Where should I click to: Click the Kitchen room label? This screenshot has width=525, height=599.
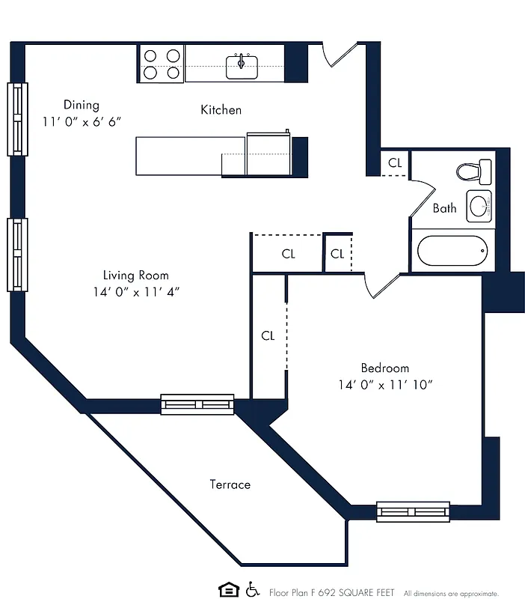221,110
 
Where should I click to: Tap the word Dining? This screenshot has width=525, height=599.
81,105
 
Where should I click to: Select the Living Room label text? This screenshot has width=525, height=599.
135,275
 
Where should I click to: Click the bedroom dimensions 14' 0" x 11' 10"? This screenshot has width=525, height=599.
385,384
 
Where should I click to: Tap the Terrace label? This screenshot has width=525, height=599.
230,484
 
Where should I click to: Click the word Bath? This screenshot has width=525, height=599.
444,208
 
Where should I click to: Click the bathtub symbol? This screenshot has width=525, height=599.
452,251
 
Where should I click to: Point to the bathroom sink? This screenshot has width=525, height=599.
479,207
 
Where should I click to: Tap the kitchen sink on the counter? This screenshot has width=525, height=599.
242,64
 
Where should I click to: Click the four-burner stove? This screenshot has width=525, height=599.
161,64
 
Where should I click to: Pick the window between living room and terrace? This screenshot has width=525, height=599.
197,404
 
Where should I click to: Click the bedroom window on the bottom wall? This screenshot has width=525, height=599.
413,511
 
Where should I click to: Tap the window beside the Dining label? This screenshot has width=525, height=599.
17,119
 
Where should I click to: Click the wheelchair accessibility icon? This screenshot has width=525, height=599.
252,590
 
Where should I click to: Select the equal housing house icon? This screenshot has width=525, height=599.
227,590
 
